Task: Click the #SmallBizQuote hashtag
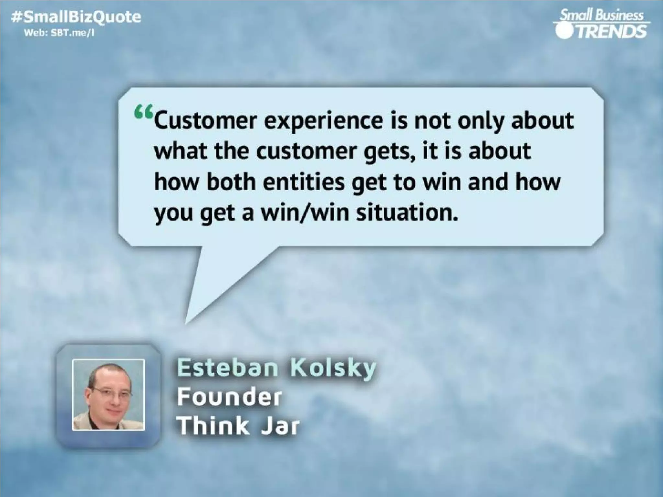tap(76, 17)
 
